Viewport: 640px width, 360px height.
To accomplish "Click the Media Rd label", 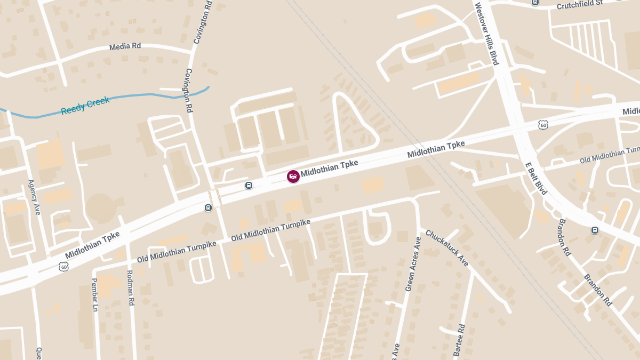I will coord(125,46).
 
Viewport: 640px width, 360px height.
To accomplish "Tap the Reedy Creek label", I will coord(85,105).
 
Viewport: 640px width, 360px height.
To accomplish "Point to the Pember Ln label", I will coord(95,294).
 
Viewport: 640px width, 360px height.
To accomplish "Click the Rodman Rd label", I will coord(131,287).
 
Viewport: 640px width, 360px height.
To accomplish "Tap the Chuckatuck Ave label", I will coord(447,248).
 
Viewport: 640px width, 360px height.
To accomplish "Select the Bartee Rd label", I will coord(459,340).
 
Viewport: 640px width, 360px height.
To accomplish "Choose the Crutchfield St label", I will coord(579,5).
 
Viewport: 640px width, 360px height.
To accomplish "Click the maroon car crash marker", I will coord(293,177).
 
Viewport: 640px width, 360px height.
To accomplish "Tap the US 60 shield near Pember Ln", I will coord(63,266).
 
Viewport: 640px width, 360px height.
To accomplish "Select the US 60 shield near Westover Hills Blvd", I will coord(543,125).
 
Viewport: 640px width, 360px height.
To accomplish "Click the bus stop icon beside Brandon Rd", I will coord(595,230).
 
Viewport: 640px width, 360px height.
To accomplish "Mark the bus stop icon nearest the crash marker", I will coord(249,185).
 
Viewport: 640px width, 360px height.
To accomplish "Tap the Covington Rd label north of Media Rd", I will coord(203,23).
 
